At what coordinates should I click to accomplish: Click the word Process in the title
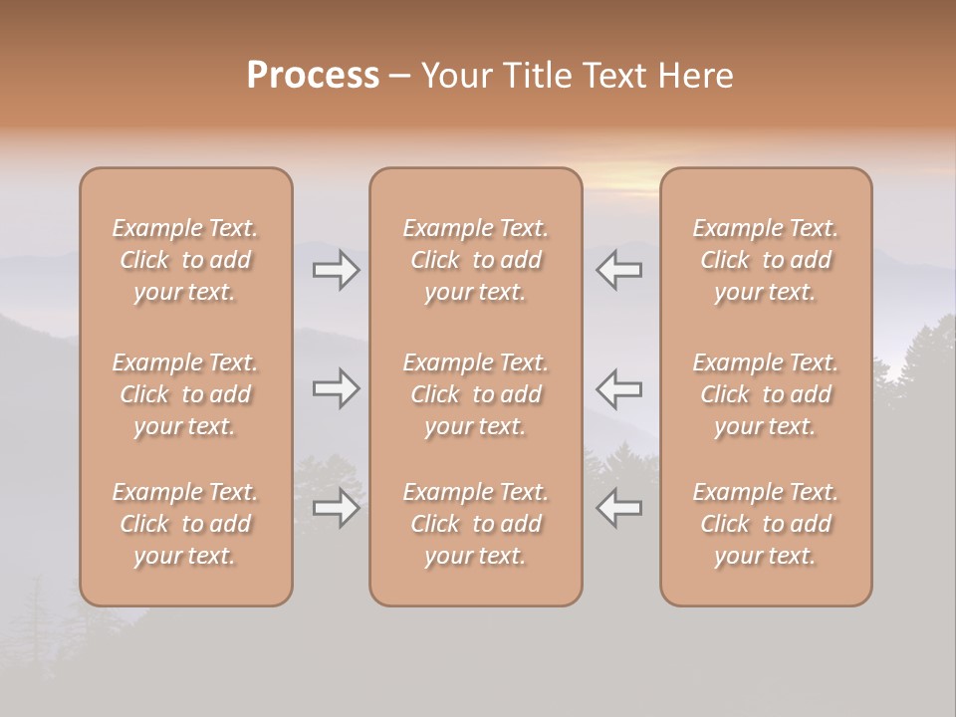pos(313,75)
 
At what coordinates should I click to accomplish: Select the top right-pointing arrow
pos(336,270)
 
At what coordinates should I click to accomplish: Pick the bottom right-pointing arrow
pos(336,508)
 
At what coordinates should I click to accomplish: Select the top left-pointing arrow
pos(619,270)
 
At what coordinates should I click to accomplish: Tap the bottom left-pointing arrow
pos(619,508)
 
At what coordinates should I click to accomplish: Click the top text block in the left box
pos(185,260)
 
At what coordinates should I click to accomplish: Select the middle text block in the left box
pos(185,394)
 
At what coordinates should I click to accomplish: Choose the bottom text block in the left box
pos(185,524)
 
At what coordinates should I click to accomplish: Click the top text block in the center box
pos(476,260)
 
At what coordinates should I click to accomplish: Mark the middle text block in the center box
pos(476,394)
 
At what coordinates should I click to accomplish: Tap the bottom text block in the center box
pos(476,524)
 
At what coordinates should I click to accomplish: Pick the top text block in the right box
pos(766,260)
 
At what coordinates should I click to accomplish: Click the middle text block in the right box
pos(766,394)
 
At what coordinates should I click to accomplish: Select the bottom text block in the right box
pos(766,524)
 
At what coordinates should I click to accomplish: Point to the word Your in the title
pos(454,75)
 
